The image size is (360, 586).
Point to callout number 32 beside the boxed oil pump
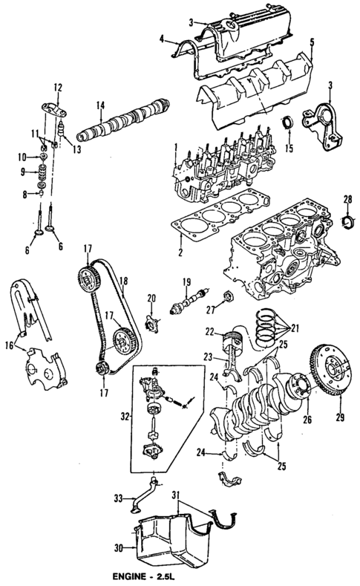[125, 418]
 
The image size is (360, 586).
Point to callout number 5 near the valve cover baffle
[312, 42]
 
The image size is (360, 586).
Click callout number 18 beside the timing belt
[122, 281]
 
